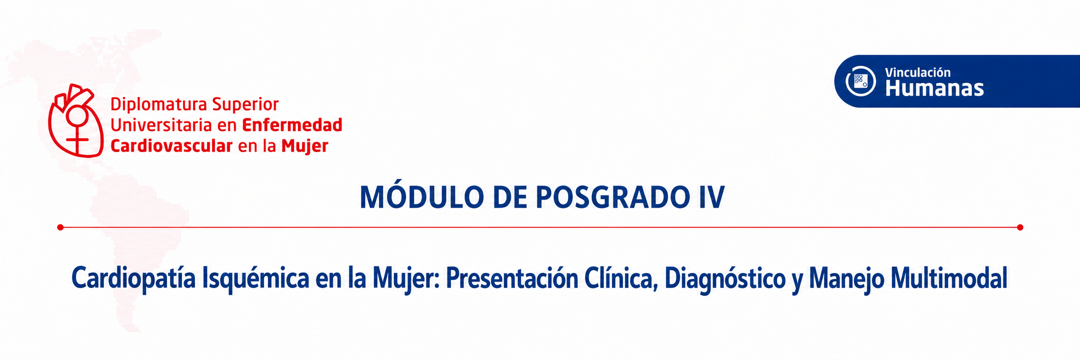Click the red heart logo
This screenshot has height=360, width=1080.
(x=76, y=121)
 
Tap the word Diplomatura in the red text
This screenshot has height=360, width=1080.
(x=159, y=105)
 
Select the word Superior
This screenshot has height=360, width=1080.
(x=245, y=105)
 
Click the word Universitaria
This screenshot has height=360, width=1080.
(x=161, y=125)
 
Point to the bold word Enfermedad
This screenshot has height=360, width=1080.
(x=292, y=125)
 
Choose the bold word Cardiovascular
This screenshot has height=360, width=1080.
(x=172, y=146)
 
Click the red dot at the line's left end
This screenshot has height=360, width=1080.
(x=60, y=227)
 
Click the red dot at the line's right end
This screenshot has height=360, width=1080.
(x=1020, y=227)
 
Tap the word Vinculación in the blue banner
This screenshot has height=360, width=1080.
(x=918, y=73)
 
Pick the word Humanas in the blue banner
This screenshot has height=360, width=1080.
(x=934, y=89)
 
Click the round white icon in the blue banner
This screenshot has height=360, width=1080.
(x=861, y=81)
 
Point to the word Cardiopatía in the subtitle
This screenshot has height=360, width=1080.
(x=134, y=278)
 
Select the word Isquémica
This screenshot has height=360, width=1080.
(x=256, y=279)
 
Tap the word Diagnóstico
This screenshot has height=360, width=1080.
(x=725, y=279)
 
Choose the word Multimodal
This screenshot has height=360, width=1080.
(x=949, y=278)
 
